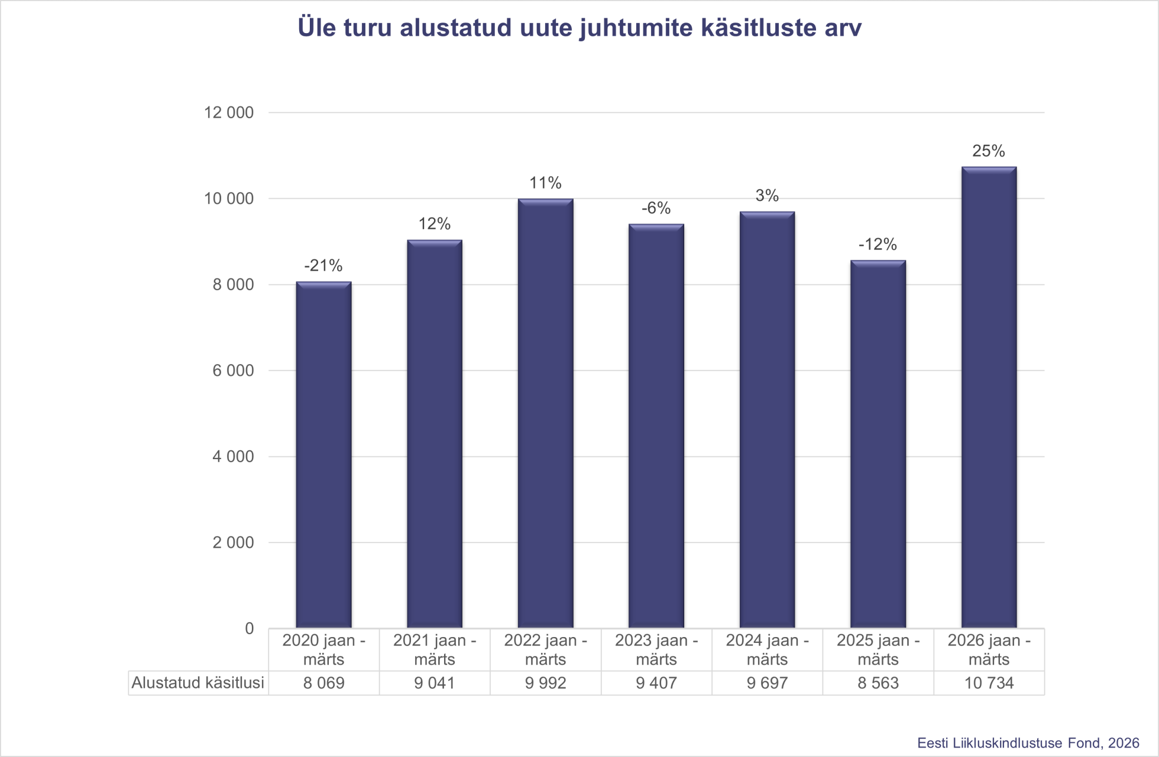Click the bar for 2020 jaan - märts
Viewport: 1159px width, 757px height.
pos(323,455)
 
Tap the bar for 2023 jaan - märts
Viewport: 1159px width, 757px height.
pos(656,425)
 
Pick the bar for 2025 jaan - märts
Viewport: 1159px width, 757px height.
pos(878,444)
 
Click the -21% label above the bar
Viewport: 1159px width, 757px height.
pos(323,266)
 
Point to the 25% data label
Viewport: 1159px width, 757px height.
pos(989,151)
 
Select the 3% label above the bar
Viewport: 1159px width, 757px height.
pos(767,196)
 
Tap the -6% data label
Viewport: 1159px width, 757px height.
pos(656,208)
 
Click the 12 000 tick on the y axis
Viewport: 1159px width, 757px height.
pos(229,112)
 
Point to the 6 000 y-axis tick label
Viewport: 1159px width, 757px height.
pos(233,371)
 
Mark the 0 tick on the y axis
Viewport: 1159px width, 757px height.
pos(249,628)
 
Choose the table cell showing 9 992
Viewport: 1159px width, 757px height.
pos(545,683)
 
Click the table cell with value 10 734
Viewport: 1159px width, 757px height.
pos(989,683)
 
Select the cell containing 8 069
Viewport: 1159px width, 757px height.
pos(323,683)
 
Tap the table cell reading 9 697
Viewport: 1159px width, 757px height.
pos(767,683)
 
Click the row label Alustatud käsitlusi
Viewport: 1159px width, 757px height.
pos(198,683)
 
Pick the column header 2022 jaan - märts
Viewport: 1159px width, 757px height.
pos(545,649)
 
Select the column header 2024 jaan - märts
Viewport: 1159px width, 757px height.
pos(767,649)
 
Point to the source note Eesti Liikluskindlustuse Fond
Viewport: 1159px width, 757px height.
pos(1028,743)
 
